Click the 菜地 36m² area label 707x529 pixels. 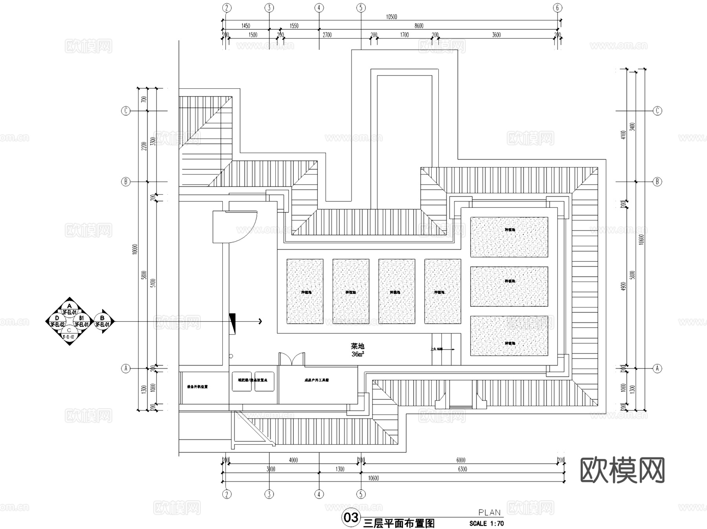point(357,350)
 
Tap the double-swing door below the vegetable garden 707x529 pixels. point(291,359)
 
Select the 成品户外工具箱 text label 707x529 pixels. point(317,380)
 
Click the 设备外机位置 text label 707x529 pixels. point(197,387)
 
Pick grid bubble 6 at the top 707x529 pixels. point(557,7)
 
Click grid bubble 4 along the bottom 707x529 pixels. point(319,494)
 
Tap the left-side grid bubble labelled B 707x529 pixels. point(126,181)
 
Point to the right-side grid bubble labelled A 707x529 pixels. point(658,368)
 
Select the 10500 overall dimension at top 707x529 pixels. point(391,17)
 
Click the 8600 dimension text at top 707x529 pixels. point(419,26)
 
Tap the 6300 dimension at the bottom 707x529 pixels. point(462,469)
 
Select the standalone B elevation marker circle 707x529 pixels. point(103,321)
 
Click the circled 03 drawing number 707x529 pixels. point(351,517)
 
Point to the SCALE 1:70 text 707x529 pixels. point(486,524)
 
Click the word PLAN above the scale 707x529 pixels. point(489,513)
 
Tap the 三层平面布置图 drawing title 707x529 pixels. point(399,523)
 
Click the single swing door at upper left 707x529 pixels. point(234,227)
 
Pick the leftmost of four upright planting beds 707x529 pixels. point(305,291)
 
